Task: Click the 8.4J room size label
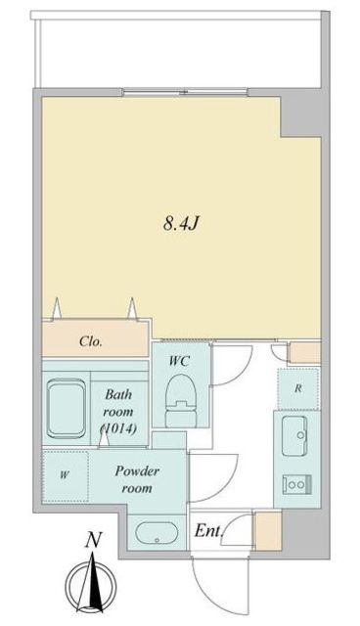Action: point(180,224)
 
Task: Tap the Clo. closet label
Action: point(91,341)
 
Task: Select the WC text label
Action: point(179,361)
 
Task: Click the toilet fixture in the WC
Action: point(182,400)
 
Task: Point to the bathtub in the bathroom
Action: point(67,408)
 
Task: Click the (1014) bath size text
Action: point(119,428)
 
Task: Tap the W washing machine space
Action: point(66,476)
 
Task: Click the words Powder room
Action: point(137,479)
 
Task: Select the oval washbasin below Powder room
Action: point(157,533)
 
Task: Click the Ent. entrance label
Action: point(208,531)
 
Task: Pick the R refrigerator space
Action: point(298,388)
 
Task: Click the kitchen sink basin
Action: point(294,435)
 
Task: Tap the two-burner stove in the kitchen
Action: point(296,484)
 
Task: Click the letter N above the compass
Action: point(93,541)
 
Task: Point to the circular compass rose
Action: point(91,587)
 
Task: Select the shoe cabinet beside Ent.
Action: point(269,530)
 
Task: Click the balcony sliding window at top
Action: point(186,92)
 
